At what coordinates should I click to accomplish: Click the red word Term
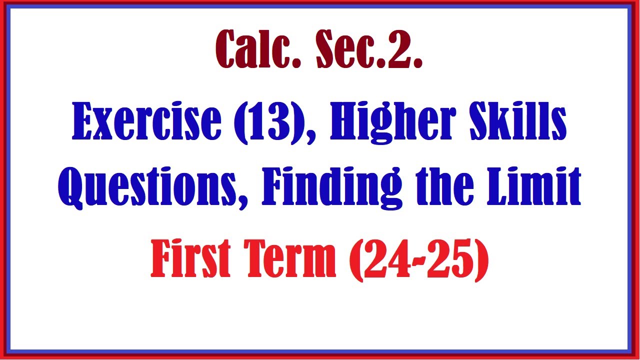(x=289, y=259)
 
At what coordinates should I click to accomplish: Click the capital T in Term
(x=256, y=259)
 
